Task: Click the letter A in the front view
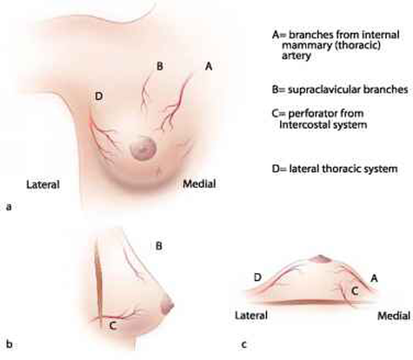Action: (209, 66)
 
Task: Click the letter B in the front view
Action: (159, 66)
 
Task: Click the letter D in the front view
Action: (99, 96)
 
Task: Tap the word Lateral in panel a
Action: (43, 184)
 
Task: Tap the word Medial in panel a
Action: (199, 183)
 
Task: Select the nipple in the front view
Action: (143, 149)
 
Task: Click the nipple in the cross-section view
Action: (320, 259)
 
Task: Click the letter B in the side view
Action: (159, 246)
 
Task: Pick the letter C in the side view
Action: (113, 326)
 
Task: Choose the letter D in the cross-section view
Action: (257, 277)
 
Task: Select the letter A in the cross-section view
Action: (374, 278)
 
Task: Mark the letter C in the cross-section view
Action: (355, 291)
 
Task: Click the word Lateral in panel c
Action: (251, 316)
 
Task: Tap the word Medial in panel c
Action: (394, 316)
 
